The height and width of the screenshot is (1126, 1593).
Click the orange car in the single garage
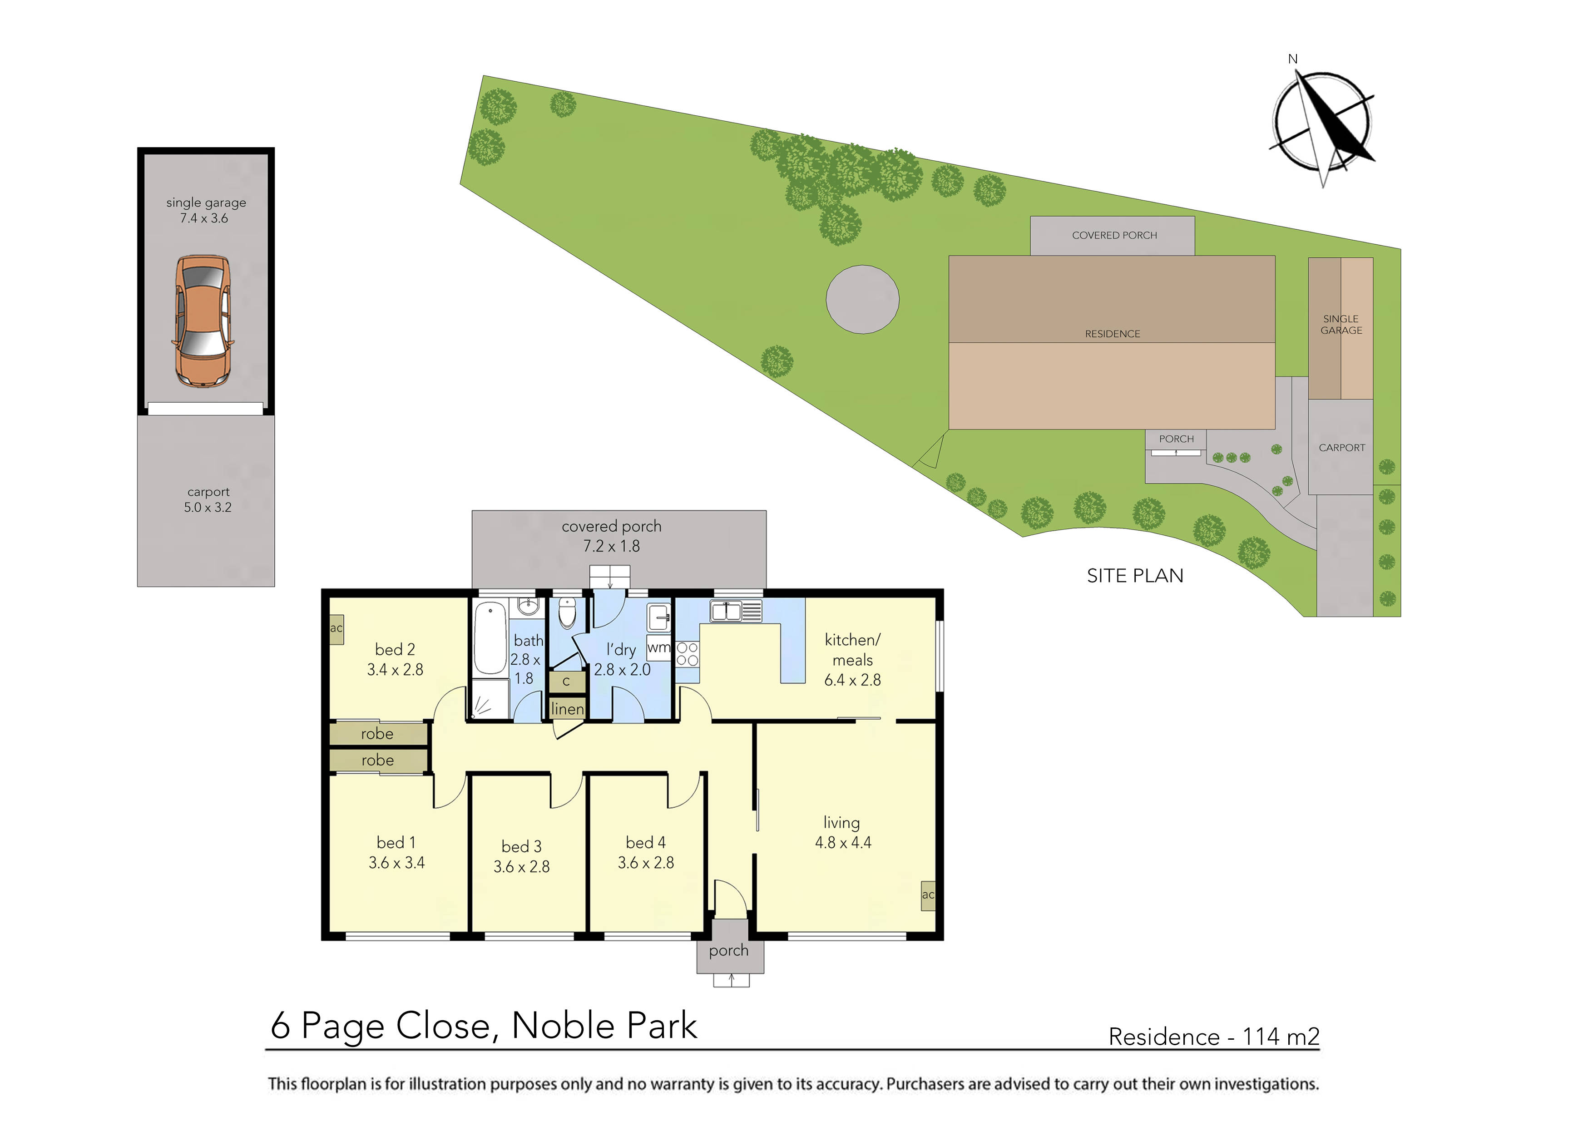(203, 321)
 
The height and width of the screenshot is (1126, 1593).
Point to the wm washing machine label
(658, 647)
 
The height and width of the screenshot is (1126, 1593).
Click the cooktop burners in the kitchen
(687, 653)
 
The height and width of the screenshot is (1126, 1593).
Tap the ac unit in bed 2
(336, 628)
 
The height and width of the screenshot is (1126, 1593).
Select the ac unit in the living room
(928, 895)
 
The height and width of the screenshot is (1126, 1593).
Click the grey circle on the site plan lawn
(862, 299)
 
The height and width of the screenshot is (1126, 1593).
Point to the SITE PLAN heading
(1135, 576)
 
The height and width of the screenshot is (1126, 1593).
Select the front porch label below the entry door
(728, 950)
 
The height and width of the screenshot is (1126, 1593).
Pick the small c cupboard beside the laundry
(566, 682)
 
